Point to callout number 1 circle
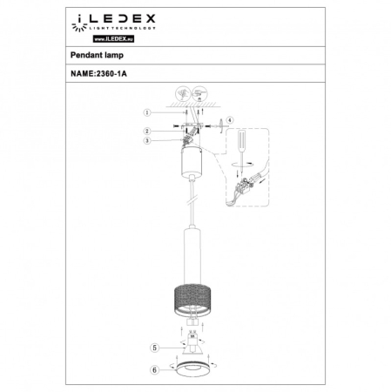[x=147, y=112]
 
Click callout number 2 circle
[x=147, y=131]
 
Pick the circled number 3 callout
[x=147, y=140]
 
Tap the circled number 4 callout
[x=230, y=119]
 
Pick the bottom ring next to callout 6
[x=193, y=369]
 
